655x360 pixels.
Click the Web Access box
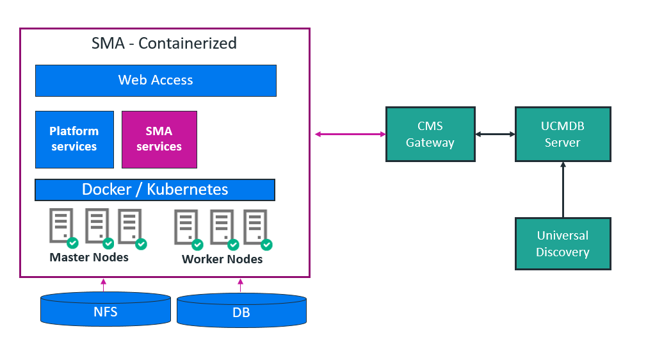(156, 80)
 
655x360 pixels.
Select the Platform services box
(74, 139)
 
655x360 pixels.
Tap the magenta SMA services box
(159, 139)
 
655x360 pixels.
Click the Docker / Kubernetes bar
(155, 190)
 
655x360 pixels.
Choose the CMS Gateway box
(430, 134)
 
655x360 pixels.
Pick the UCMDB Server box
(563, 134)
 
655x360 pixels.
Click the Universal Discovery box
(563, 243)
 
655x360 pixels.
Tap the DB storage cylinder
(241, 311)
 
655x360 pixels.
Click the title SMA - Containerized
(164, 44)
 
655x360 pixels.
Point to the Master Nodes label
(89, 258)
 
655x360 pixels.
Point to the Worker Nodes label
(222, 259)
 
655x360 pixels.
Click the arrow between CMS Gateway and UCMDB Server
(495, 134)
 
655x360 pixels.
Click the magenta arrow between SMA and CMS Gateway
(350, 134)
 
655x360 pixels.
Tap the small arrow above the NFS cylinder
(103, 285)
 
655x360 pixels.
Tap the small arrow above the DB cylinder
(241, 285)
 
